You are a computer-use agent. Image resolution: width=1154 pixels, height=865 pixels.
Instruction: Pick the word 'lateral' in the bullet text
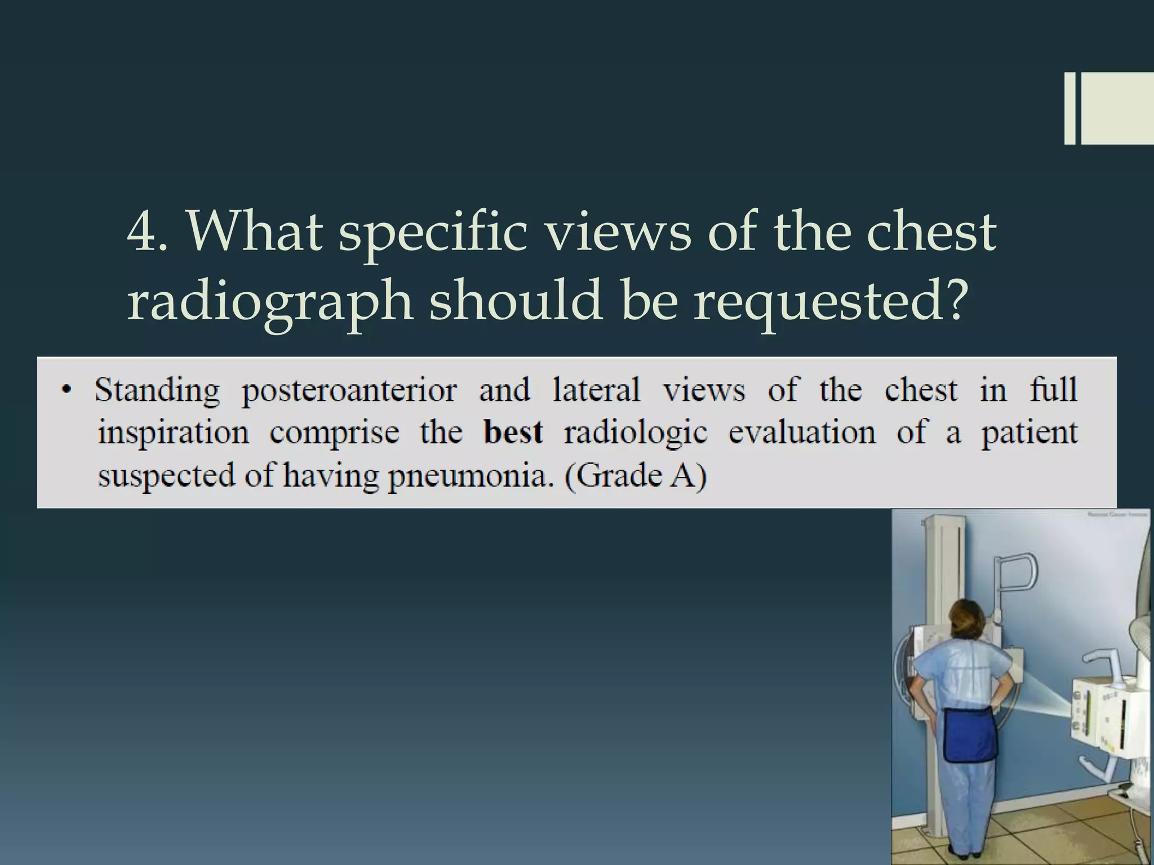pos(596,390)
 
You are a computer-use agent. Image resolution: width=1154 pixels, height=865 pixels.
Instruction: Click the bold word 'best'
pos(513,432)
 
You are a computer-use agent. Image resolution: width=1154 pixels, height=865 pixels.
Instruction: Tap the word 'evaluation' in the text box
pos(802,432)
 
